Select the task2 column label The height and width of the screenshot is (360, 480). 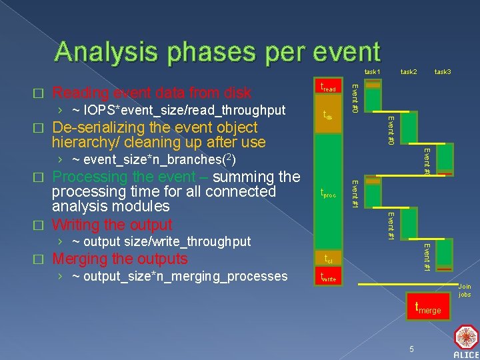click(409, 71)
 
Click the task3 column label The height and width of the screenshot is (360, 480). click(443, 71)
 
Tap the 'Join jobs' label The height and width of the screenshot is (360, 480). click(465, 291)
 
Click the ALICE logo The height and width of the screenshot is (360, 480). click(465, 341)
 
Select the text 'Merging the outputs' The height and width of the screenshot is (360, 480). click(120, 259)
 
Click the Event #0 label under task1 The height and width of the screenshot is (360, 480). click(355, 97)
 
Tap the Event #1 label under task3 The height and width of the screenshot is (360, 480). click(427, 257)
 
